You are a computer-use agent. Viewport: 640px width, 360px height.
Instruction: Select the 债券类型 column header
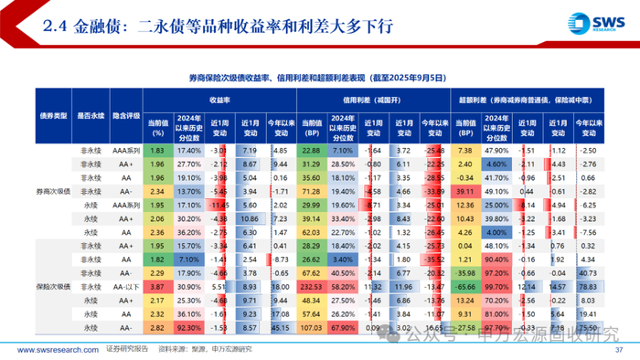[x=48, y=117]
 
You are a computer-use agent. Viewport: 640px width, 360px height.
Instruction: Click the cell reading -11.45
[x=218, y=206]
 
